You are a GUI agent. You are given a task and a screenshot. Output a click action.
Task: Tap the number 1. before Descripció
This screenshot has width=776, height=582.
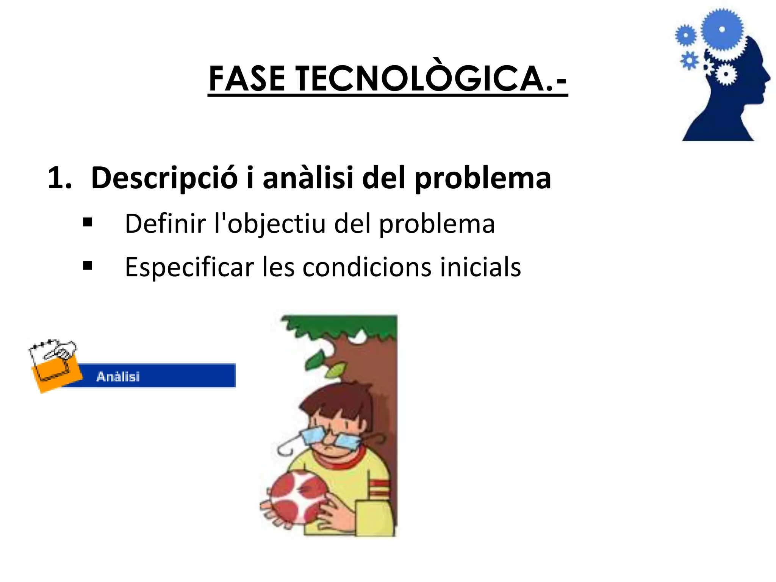click(x=59, y=178)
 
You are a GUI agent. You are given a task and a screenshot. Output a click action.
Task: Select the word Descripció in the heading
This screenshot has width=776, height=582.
click(x=164, y=178)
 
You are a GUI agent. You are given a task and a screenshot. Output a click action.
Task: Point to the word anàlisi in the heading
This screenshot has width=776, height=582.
click(x=308, y=178)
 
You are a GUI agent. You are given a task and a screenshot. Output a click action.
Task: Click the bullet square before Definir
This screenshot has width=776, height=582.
click(x=88, y=223)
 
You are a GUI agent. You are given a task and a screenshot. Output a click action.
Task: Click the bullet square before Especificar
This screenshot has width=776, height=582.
click(x=88, y=266)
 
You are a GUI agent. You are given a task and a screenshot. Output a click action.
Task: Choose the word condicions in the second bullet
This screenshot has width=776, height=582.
click(x=367, y=267)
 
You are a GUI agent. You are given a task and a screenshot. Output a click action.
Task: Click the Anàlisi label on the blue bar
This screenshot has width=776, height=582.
click(x=118, y=377)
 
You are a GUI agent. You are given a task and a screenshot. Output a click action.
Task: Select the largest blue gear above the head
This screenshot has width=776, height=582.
click(x=722, y=30)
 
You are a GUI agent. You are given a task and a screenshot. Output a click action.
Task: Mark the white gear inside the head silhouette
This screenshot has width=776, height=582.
click(x=726, y=74)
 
